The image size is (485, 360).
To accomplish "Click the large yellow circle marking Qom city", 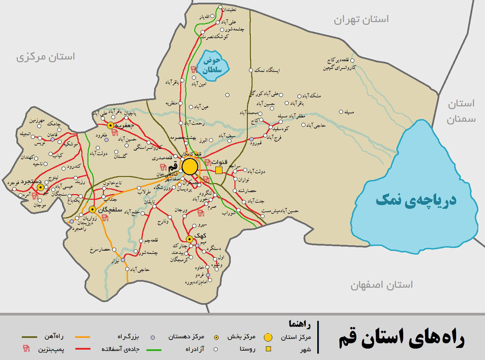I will (x=190, y=167).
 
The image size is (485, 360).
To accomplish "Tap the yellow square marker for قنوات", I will (x=219, y=170).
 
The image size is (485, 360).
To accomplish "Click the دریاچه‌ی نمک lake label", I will (x=416, y=200).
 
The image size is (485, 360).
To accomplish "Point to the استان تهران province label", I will (x=361, y=19).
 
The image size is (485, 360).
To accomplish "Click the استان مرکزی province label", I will (x=45, y=57).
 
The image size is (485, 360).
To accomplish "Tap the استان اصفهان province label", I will (x=381, y=285).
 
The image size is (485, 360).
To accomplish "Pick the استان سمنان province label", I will (x=461, y=111).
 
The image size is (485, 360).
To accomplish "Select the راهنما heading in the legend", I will (x=300, y=324).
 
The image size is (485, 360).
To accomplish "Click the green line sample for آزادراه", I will (x=153, y=350).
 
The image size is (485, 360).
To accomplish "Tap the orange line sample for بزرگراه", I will (x=82, y=337).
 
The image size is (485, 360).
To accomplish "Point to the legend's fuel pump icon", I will (x=26, y=349).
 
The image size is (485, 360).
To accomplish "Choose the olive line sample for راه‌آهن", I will (x=29, y=337).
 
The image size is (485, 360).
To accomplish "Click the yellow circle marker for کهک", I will (x=189, y=239).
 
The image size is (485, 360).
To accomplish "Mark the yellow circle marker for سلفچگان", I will (x=92, y=209).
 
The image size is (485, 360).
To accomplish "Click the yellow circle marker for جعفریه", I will (x=111, y=125).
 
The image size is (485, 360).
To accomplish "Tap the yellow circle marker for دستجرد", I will (x=41, y=188).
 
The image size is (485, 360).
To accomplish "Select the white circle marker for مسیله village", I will (x=341, y=112).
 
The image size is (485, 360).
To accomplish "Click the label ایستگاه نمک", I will (x=267, y=70).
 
